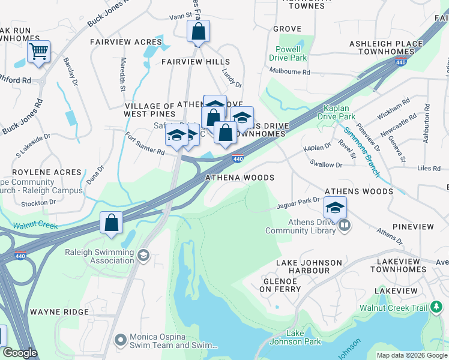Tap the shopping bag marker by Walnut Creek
click(x=112, y=223)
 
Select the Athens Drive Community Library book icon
click(x=345, y=226)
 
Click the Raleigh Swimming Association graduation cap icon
click(x=143, y=256)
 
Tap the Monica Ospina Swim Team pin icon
click(x=121, y=340)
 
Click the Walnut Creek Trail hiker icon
click(x=436, y=308)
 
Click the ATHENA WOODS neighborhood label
click(x=240, y=178)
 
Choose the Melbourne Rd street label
click(x=290, y=72)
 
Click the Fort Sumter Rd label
click(x=144, y=145)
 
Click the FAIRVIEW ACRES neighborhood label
click(x=126, y=42)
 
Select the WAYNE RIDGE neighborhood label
click(x=59, y=313)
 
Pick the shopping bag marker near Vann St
click(x=198, y=31)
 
